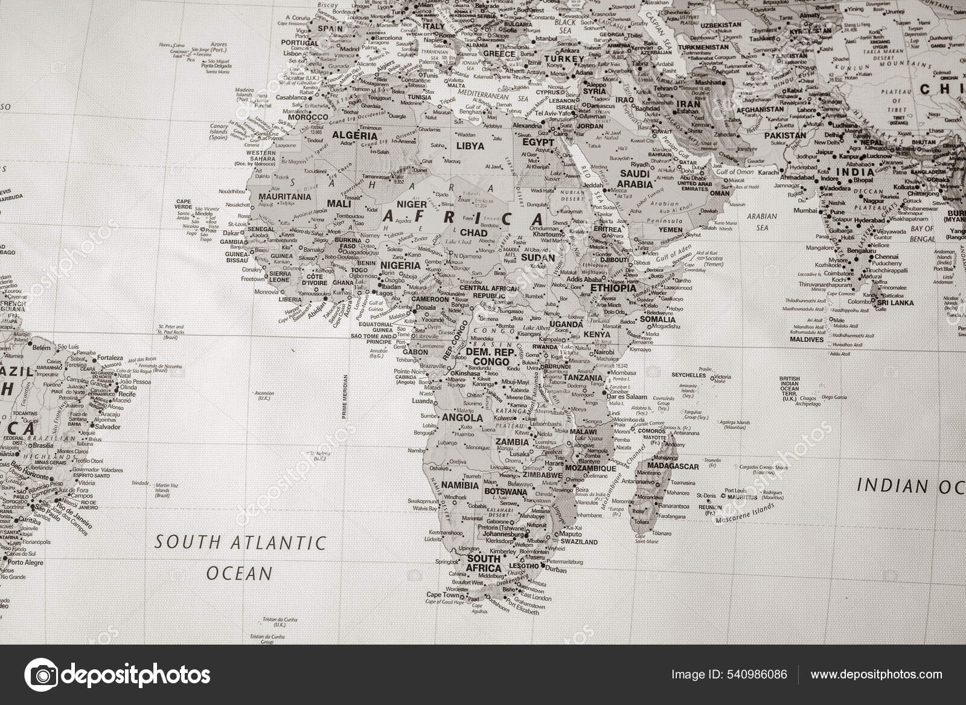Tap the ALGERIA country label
click(355, 136)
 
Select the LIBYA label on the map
click(470, 146)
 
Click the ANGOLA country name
click(462, 417)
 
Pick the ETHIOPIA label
click(613, 288)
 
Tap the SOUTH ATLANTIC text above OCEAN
click(240, 542)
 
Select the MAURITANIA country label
click(284, 196)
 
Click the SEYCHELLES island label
click(688, 375)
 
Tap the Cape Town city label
click(443, 595)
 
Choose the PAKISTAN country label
click(785, 136)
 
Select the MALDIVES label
click(807, 340)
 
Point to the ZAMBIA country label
click(512, 442)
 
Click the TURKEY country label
click(565, 59)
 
